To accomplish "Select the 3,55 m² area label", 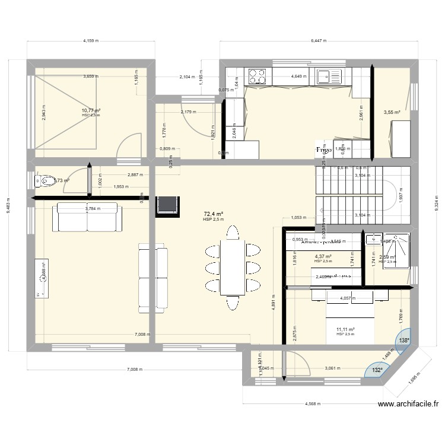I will [392, 112].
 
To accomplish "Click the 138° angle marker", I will [403, 341].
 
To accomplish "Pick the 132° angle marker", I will [377, 370].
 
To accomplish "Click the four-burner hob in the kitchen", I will [258, 76].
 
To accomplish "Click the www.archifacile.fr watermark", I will [408, 405].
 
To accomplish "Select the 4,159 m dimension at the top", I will [91, 41].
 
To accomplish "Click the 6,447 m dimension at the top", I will [319, 41].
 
